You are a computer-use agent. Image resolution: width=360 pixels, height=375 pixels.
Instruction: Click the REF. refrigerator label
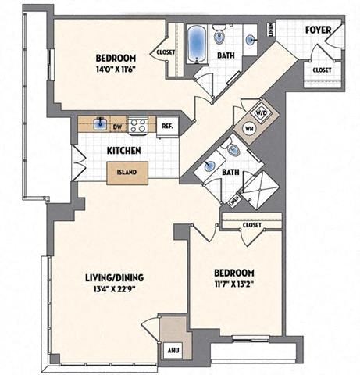166,125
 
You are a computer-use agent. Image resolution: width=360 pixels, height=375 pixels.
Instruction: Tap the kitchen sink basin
100,123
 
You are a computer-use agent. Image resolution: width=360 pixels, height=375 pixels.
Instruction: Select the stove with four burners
139,123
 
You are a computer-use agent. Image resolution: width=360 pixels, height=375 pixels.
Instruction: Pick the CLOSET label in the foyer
322,70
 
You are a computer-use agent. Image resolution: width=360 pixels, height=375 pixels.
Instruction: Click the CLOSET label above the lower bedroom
251,224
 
